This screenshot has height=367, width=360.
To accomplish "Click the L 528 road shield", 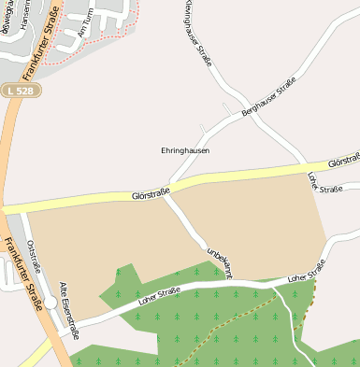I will [18, 90].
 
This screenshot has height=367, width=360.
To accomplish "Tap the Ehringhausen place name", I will [185, 149].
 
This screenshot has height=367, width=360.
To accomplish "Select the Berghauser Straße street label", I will [268, 98].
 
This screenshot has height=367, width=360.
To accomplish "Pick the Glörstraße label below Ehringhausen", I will [150, 195].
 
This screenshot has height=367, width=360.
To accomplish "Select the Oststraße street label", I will [35, 254].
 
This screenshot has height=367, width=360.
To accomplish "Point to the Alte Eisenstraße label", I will [68, 311].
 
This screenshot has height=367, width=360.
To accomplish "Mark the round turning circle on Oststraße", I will [50, 303].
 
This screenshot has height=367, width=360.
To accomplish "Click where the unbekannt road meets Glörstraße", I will [167, 195].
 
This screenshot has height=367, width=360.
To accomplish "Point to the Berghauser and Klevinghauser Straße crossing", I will [242, 101].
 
